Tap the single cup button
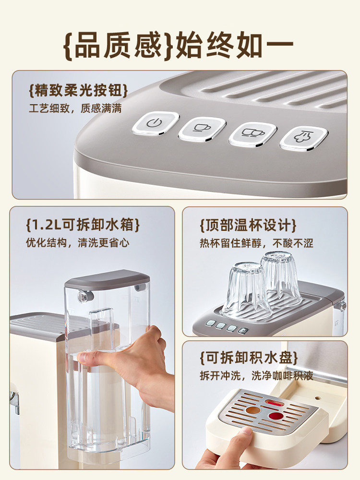coord(202,127)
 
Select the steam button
coord(304,137)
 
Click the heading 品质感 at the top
coord(119,45)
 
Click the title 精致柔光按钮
coord(78,90)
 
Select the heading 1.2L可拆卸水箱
coord(83,225)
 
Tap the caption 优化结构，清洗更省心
coord(77,242)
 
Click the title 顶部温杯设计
coord(248,225)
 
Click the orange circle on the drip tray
coord(252,410)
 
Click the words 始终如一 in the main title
coord(235,45)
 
